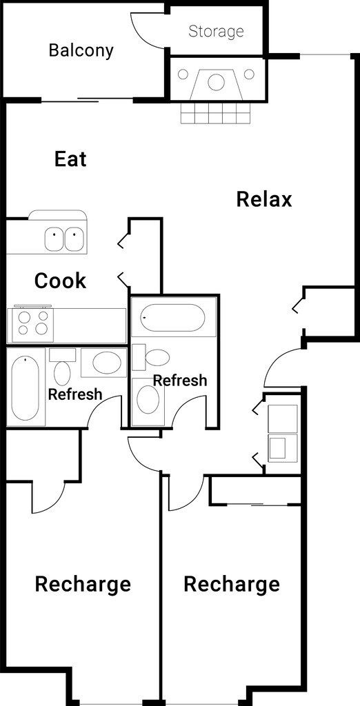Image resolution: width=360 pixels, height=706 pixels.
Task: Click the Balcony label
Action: tap(81, 50)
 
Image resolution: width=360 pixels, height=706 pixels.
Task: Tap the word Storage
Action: tap(217, 32)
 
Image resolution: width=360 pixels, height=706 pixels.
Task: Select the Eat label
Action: tap(71, 159)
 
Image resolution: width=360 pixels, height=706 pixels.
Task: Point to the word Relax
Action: tap(264, 199)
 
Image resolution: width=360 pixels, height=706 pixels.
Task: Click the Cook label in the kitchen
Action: tap(61, 281)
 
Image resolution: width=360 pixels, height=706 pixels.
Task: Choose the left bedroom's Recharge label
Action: tap(83, 585)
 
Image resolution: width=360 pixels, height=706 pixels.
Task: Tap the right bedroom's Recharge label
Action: tap(232, 585)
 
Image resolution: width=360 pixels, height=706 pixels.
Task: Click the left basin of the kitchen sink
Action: tap(54, 239)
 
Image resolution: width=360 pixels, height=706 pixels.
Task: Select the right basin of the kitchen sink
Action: tap(74, 239)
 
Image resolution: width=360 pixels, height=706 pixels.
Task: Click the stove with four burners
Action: tap(32, 324)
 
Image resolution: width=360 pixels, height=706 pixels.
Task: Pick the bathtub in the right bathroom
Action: tap(172, 317)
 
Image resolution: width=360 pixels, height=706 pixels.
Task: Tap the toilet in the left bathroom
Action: tap(62, 368)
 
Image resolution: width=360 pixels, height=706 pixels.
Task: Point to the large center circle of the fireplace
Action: tap(217, 82)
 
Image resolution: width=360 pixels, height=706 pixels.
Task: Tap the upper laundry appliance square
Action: tap(283, 418)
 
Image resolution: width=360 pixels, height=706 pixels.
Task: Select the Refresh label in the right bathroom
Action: tap(180, 381)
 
